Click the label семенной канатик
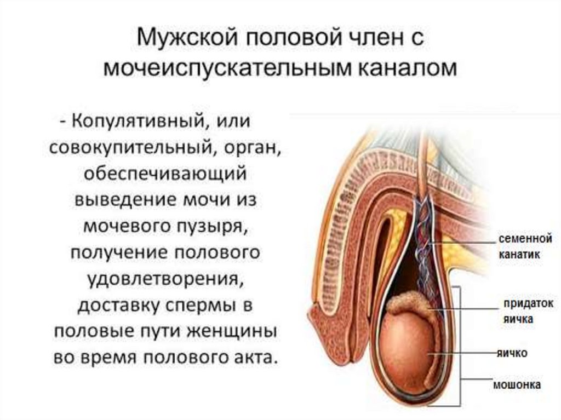[x=524, y=246]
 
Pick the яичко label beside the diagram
[x=512, y=353]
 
